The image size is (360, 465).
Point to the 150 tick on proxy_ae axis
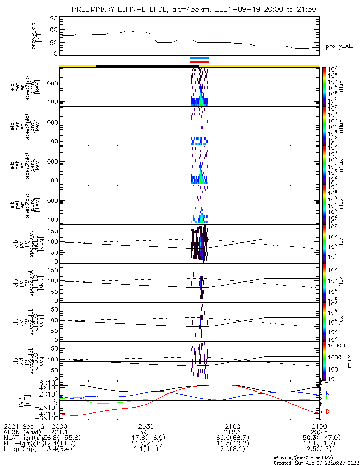(x=52, y=19)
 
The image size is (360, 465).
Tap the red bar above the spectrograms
(x=199, y=61)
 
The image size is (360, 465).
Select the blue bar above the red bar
(x=199, y=58)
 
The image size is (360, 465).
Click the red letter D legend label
(x=327, y=412)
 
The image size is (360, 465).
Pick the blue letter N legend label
(x=327, y=393)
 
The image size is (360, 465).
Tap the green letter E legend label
(x=327, y=398)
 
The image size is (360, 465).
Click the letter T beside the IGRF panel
(x=327, y=384)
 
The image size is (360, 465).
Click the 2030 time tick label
(x=146, y=426)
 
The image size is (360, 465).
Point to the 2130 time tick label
(x=319, y=426)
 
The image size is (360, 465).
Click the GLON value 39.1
(x=146, y=432)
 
